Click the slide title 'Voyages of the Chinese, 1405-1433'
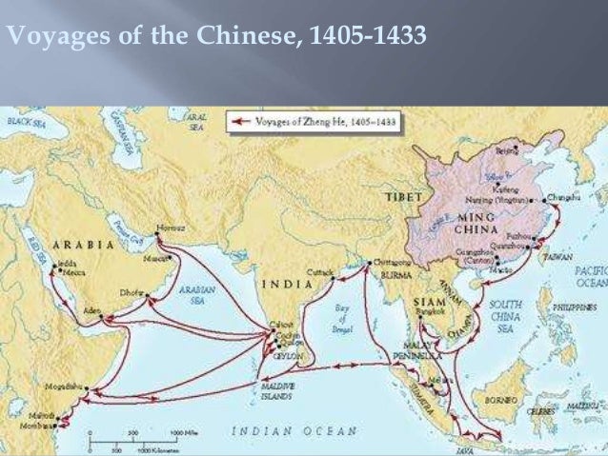[215, 37]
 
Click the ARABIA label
[83, 244]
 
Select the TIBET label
[402, 195]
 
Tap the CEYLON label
[285, 351]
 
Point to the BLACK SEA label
[30, 122]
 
